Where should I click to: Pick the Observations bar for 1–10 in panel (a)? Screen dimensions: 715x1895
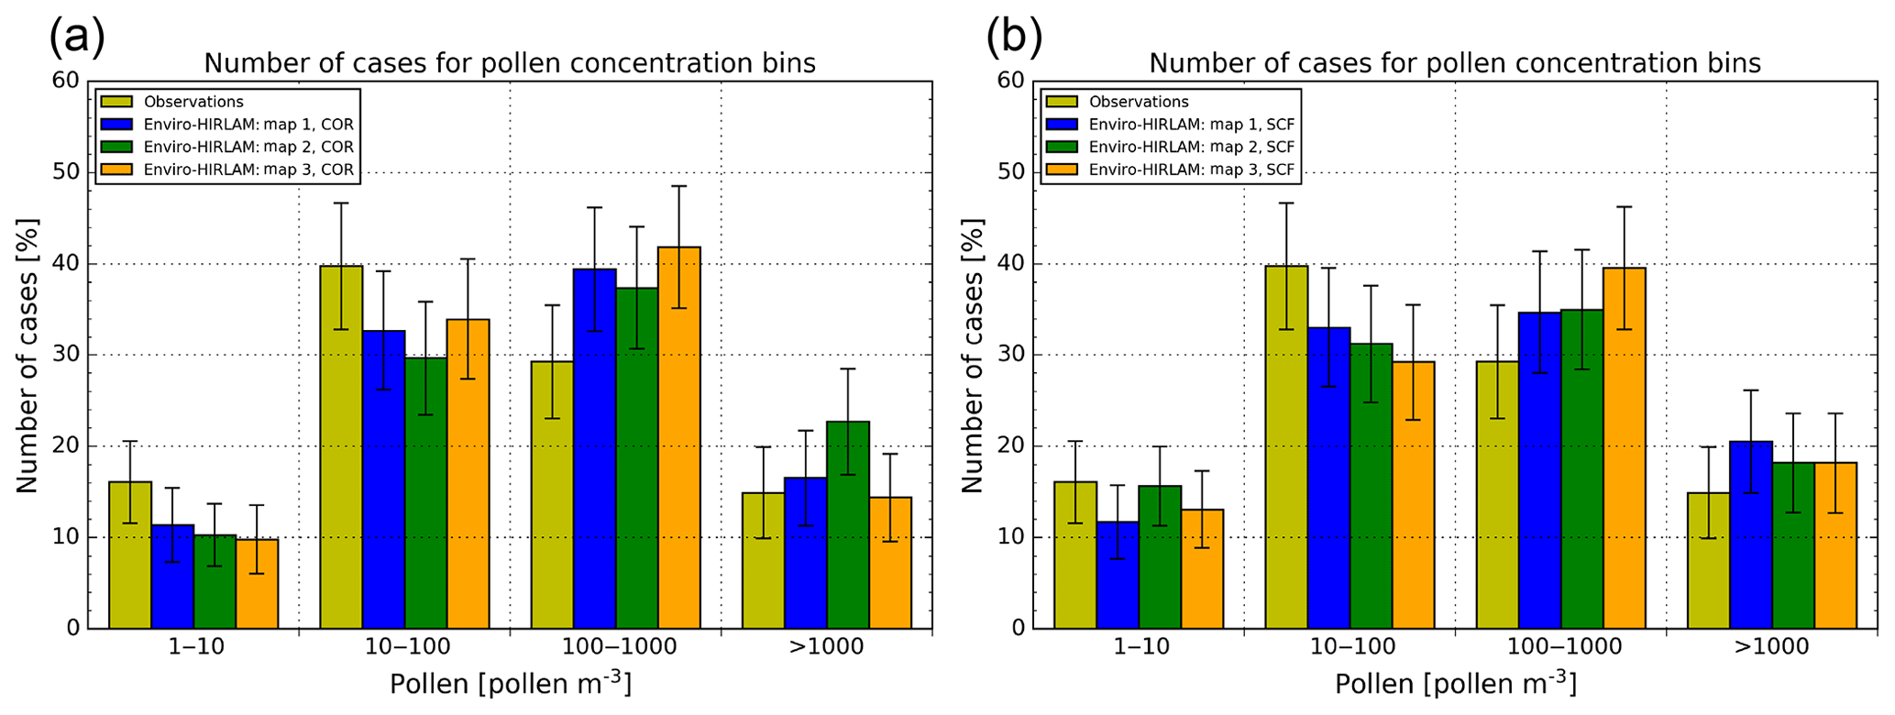(x=130, y=555)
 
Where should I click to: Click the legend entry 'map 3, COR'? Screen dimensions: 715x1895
(x=248, y=170)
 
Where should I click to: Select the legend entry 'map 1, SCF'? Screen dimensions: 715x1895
(x=1191, y=125)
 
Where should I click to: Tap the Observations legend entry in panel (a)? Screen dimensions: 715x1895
(x=193, y=102)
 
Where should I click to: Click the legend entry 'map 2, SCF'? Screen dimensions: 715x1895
(x=1191, y=147)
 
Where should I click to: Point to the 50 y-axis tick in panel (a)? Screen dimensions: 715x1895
(x=70, y=172)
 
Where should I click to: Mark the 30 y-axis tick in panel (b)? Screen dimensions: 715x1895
(x=1014, y=355)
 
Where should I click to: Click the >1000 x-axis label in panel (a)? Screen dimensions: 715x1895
(x=826, y=647)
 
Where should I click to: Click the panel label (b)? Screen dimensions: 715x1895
(x=1013, y=37)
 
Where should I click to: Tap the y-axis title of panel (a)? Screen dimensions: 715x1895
(x=28, y=355)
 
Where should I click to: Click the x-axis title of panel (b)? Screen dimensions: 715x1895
(x=1455, y=685)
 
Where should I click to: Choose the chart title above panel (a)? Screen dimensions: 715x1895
(x=509, y=63)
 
